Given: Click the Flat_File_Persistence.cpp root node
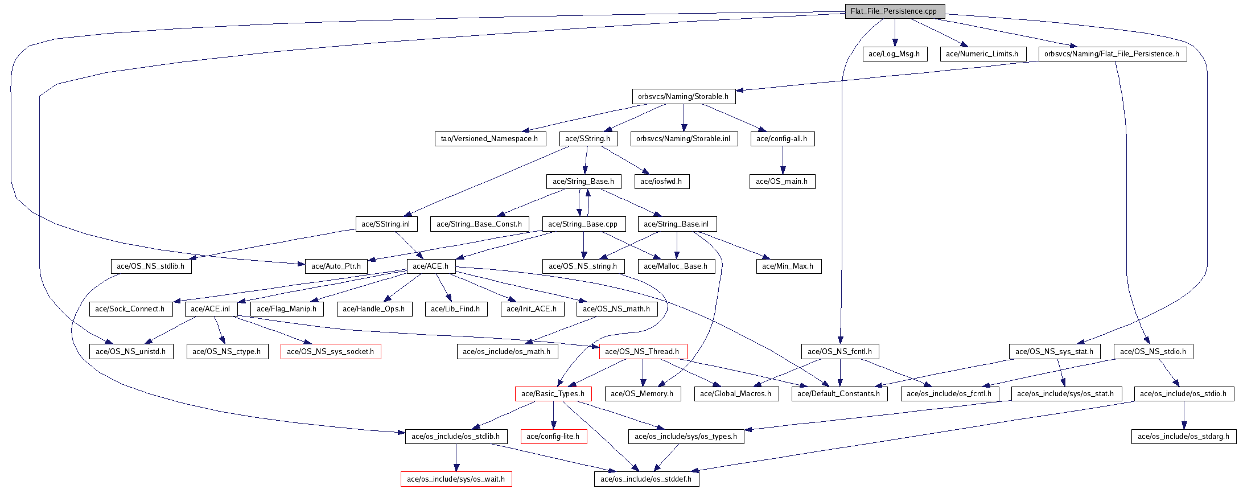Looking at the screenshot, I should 895,11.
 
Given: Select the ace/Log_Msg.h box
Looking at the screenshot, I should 895,54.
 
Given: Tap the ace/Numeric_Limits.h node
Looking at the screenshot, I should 982,54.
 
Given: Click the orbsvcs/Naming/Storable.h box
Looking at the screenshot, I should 683,97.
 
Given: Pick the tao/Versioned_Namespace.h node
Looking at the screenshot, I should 489,139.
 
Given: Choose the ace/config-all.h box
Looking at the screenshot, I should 782,139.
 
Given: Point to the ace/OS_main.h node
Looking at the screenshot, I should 782,182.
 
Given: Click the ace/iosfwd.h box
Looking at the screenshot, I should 661,182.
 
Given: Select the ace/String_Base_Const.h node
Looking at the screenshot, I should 479,224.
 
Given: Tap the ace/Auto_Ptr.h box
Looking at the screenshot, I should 336,266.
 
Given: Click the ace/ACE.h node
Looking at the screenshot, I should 431,266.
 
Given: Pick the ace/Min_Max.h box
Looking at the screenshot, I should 788,266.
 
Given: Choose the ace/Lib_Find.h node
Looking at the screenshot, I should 455,309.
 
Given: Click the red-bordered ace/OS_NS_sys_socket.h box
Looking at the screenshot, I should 331,352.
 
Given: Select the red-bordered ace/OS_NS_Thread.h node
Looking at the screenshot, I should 643,352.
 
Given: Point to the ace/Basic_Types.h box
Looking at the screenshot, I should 553,394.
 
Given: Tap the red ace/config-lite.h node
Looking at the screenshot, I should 553,437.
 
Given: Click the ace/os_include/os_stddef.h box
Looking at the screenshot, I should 647,479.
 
